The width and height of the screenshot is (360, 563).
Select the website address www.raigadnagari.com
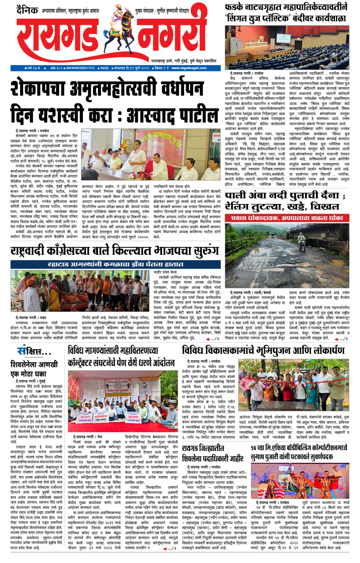(189, 68)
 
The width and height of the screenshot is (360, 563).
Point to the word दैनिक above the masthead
(27, 10)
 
